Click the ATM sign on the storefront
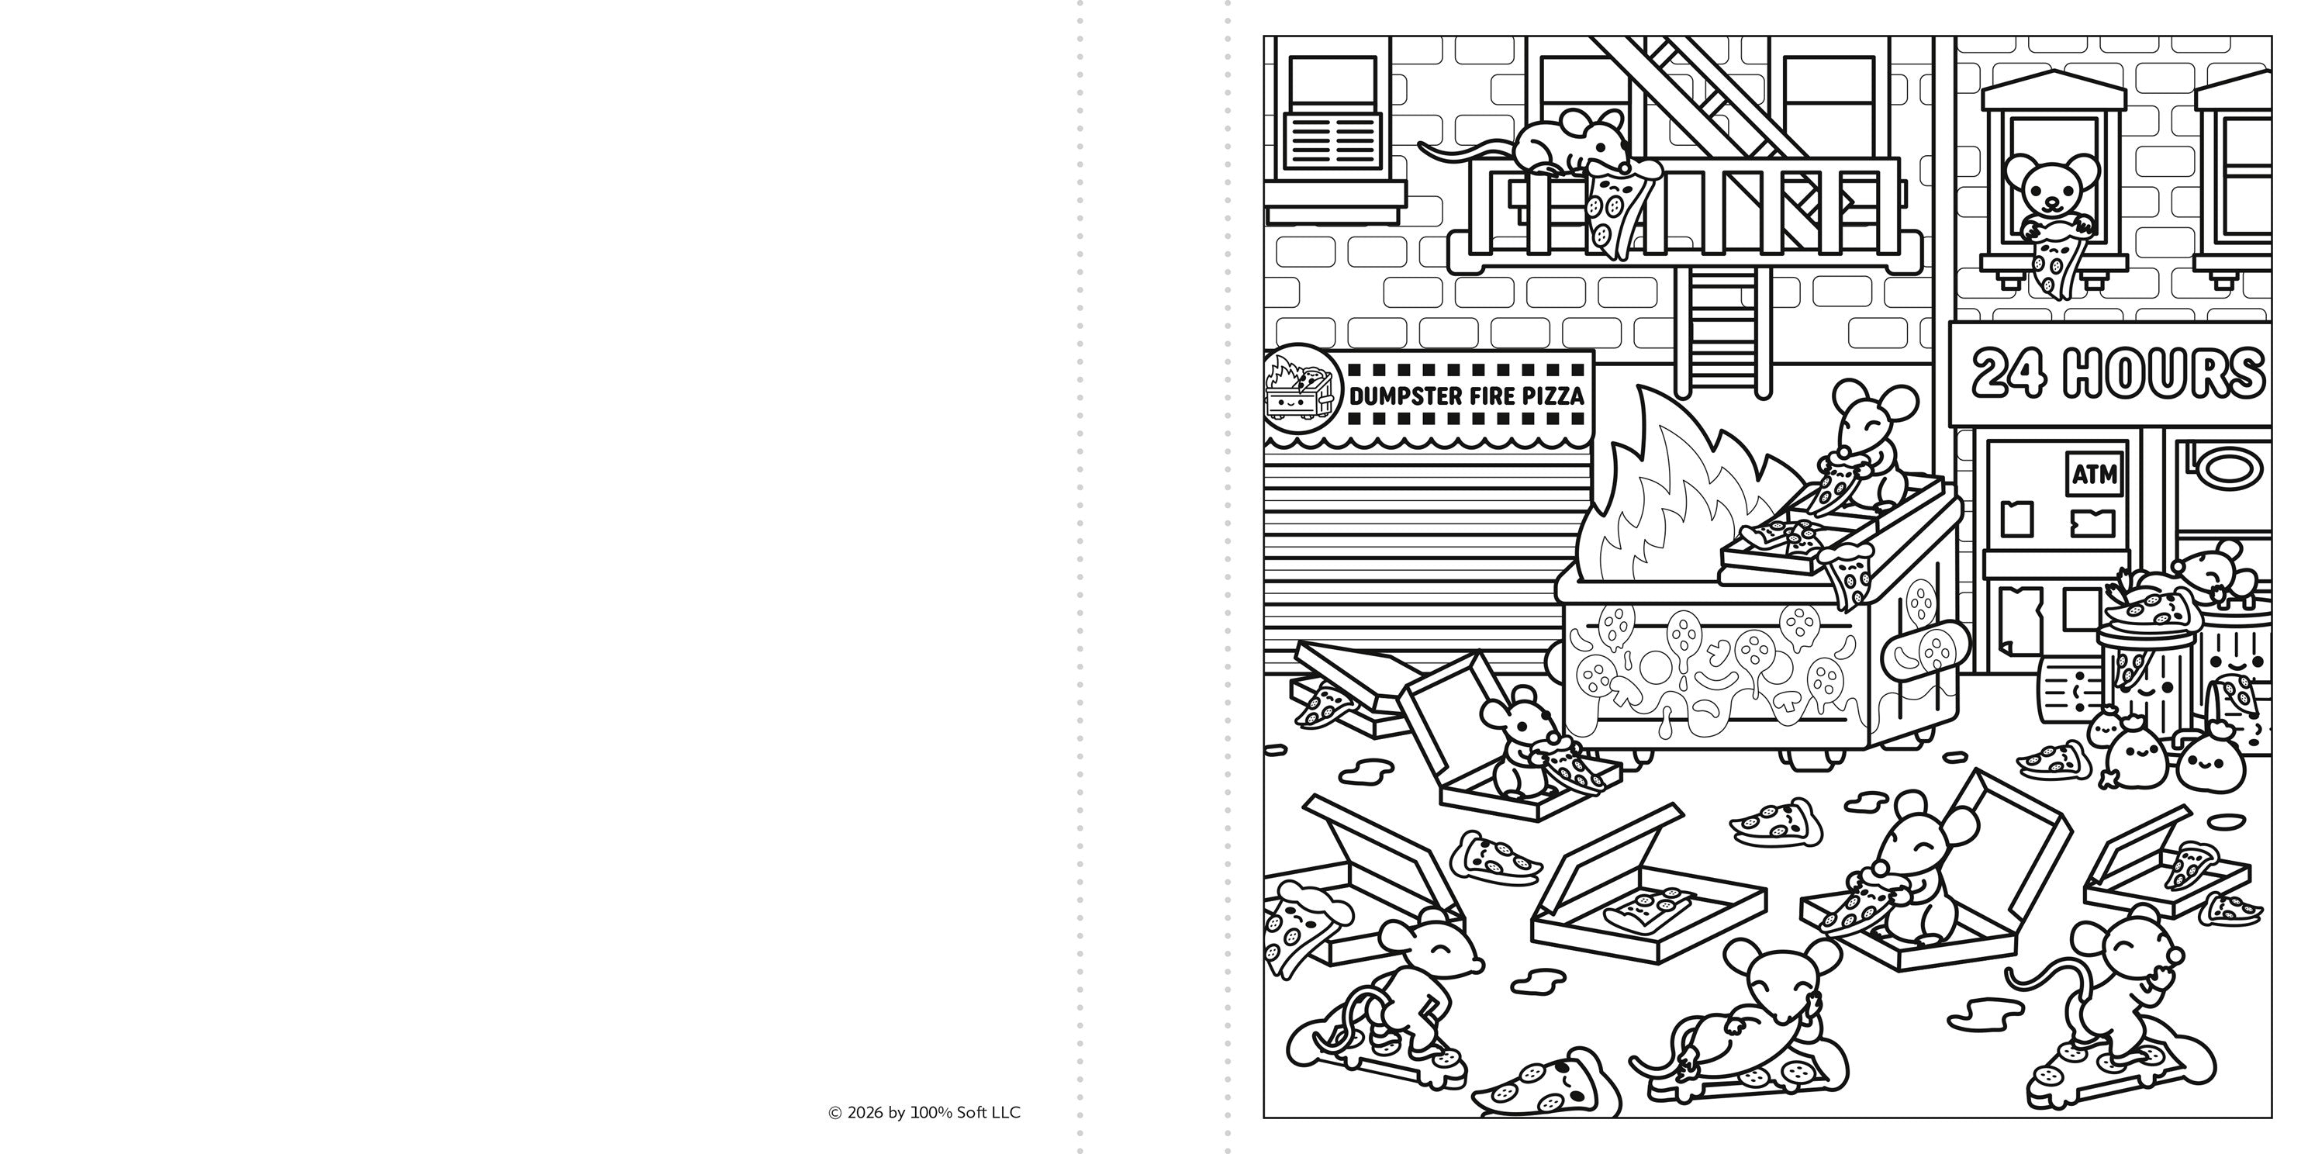coord(2095,473)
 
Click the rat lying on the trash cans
coord(2222,582)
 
